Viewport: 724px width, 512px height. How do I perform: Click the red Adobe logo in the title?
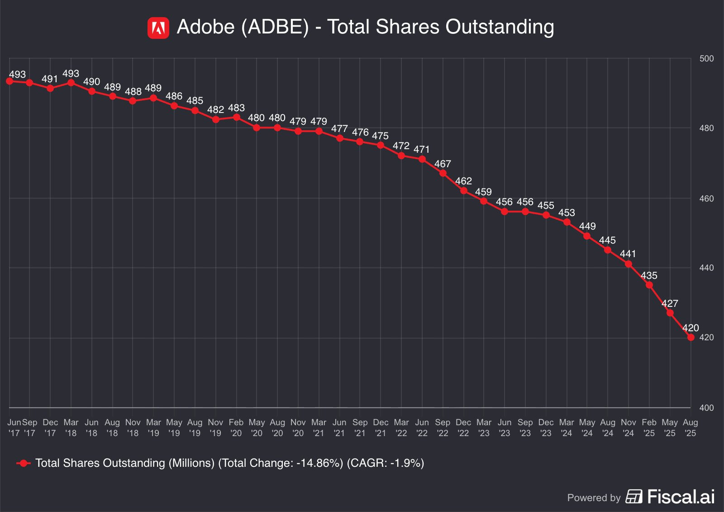pyautogui.click(x=158, y=28)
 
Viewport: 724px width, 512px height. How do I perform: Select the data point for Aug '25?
pyautogui.click(x=691, y=338)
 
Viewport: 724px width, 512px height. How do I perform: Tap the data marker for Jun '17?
pyautogui.click(x=10, y=81)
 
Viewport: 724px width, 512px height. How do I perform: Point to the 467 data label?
pyautogui.click(x=443, y=164)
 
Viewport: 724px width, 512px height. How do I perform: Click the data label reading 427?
pyautogui.click(x=670, y=304)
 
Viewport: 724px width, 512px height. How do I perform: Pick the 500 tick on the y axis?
pyautogui.click(x=706, y=59)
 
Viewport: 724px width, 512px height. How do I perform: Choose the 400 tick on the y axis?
pyautogui.click(x=706, y=408)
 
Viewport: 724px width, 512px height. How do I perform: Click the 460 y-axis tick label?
pyautogui.click(x=706, y=198)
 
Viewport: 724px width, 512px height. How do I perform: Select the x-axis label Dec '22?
pyautogui.click(x=463, y=427)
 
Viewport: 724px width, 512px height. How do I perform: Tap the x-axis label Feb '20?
pyautogui.click(x=236, y=427)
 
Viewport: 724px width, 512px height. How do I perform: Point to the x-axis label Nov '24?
pyautogui.click(x=629, y=427)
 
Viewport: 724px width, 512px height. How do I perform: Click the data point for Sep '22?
pyautogui.click(x=443, y=173)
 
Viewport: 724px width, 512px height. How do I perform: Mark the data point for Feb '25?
pyautogui.click(x=649, y=285)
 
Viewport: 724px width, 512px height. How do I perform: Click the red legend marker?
pyautogui.click(x=24, y=463)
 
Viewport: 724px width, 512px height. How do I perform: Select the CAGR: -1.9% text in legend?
pyautogui.click(x=386, y=463)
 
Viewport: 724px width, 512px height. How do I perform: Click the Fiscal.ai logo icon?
pyautogui.click(x=634, y=497)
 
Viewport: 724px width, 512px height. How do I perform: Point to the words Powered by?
pyautogui.click(x=594, y=498)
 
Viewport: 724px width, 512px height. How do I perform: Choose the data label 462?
pyautogui.click(x=463, y=181)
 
